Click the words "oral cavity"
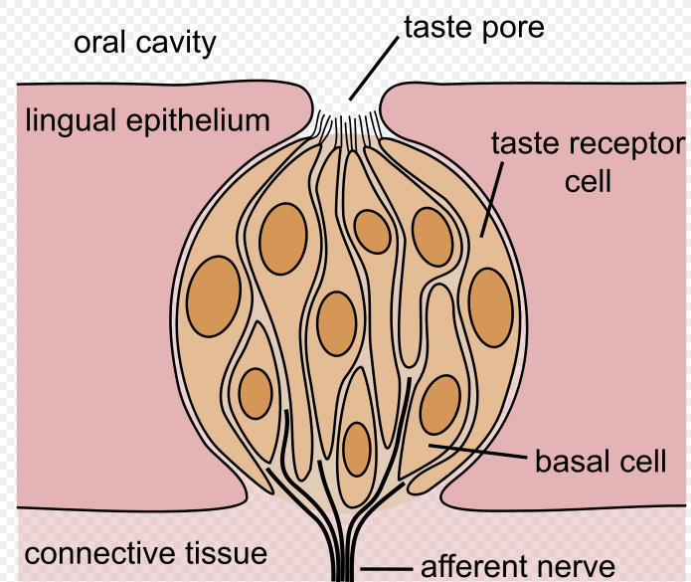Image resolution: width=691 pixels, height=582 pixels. point(145,43)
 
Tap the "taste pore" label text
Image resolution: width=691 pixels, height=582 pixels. point(473,27)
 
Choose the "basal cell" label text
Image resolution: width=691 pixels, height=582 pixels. point(601,462)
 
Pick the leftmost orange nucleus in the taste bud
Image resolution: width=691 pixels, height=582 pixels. point(214,295)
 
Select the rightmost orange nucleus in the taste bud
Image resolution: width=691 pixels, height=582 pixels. point(489,307)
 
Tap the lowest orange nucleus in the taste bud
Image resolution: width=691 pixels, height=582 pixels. point(356,449)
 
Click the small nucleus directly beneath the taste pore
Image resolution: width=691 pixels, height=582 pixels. point(373,232)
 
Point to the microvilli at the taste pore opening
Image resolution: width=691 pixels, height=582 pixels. point(347,124)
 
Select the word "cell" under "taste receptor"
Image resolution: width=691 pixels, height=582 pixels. point(588,183)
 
